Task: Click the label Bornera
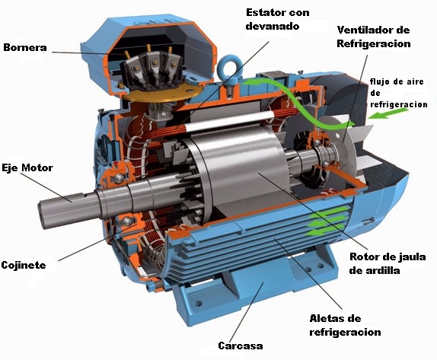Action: click(x=25, y=48)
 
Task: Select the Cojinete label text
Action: click(x=24, y=265)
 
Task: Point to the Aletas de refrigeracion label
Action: click(x=346, y=325)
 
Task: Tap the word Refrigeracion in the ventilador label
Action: click(x=374, y=44)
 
